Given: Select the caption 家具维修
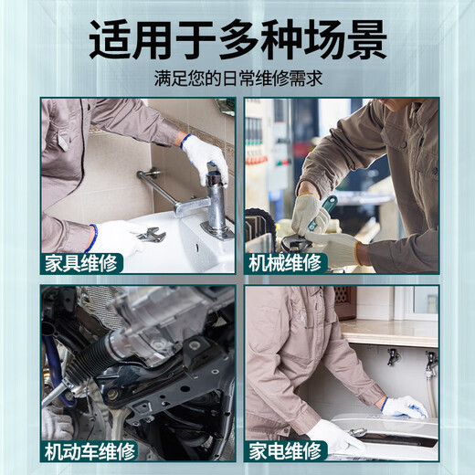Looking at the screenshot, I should [81, 263].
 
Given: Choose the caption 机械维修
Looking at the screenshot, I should [285, 263].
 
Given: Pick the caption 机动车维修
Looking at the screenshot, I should [90, 450].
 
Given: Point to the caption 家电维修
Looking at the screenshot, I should [285, 450].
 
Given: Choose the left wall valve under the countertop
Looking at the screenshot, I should [393, 356].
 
